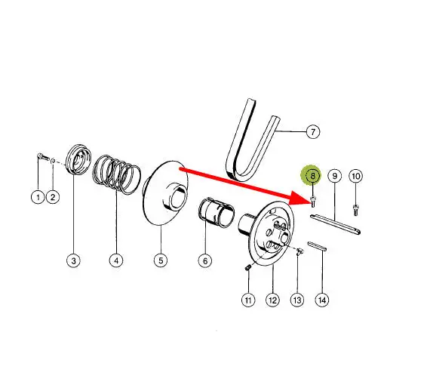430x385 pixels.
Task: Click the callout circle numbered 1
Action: pyautogui.click(x=38, y=197)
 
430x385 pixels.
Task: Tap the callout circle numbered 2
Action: pyautogui.click(x=53, y=197)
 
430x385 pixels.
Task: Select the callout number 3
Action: pyautogui.click(x=73, y=260)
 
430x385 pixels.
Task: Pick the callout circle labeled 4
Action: pyautogui.click(x=116, y=260)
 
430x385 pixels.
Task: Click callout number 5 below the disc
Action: pyautogui.click(x=161, y=260)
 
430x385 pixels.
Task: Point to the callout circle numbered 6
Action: pyautogui.click(x=205, y=260)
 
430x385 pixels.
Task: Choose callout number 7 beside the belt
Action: pyautogui.click(x=313, y=131)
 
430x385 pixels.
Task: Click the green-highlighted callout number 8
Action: pyautogui.click(x=312, y=176)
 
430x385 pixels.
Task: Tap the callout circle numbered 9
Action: pyautogui.click(x=334, y=176)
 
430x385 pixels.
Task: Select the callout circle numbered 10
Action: pyautogui.click(x=355, y=176)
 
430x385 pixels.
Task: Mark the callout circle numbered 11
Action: pyautogui.click(x=248, y=300)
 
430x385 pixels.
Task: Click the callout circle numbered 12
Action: pyautogui.click(x=273, y=300)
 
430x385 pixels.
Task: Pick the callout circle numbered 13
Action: pyautogui.click(x=297, y=300)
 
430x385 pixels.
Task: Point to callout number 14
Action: pyautogui.click(x=322, y=300)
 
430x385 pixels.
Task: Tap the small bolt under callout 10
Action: pyautogui.click(x=355, y=210)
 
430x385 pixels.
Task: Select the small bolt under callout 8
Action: pyautogui.click(x=312, y=202)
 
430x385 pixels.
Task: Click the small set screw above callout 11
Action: pyautogui.click(x=247, y=267)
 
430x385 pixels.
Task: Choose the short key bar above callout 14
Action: pyautogui.click(x=317, y=246)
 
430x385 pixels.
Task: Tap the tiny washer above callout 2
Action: pyautogui.click(x=54, y=161)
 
